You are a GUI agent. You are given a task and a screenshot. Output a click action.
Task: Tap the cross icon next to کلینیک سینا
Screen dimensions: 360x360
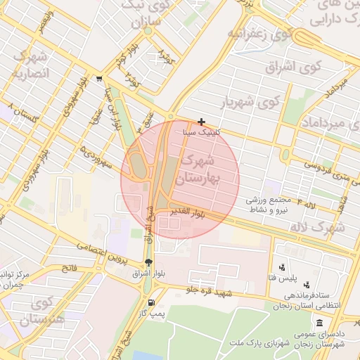tap(202, 122)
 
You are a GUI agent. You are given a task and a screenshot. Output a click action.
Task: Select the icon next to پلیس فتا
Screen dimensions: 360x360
tap(282, 267)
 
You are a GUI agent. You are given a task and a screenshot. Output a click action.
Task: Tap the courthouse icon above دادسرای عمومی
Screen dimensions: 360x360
tap(321, 323)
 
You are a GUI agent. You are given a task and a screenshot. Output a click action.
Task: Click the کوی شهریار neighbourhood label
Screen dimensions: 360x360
tap(250, 102)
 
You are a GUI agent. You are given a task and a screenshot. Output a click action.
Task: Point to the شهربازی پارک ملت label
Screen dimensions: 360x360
tap(260, 344)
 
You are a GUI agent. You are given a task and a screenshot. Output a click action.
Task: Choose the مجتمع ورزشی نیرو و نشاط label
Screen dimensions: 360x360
tap(266, 205)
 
